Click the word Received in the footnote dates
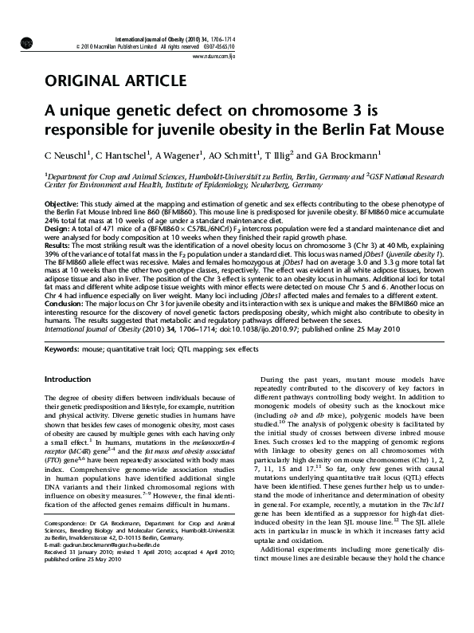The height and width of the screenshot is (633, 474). pyautogui.click(x=57, y=576)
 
